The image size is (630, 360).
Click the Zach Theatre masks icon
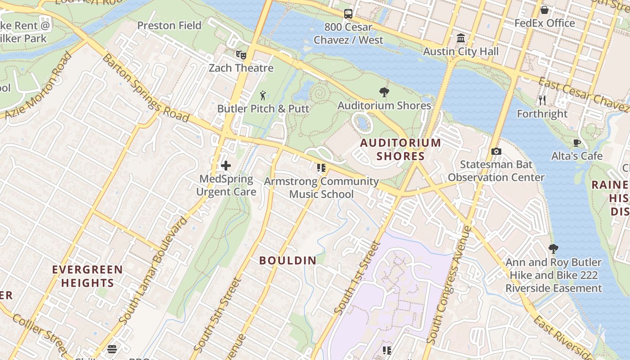pos(241,54)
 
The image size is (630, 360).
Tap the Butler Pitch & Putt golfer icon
pos(263,95)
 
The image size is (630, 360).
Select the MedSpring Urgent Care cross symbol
pos(226,166)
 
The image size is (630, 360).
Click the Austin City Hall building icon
pos(461,38)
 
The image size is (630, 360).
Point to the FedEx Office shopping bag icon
pos(544,10)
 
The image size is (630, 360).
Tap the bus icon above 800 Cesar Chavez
pos(348,14)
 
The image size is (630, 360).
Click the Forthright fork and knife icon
pos(542,100)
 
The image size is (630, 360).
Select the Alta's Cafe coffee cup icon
pos(576,143)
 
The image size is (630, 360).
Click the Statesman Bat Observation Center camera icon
pos(496,152)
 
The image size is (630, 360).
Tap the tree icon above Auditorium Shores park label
pos(384,92)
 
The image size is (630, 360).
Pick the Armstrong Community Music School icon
pos(321,168)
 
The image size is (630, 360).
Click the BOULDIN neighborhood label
pos(288,260)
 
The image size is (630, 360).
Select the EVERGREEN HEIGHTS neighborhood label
pos(87,276)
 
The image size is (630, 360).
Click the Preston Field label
pos(169,26)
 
